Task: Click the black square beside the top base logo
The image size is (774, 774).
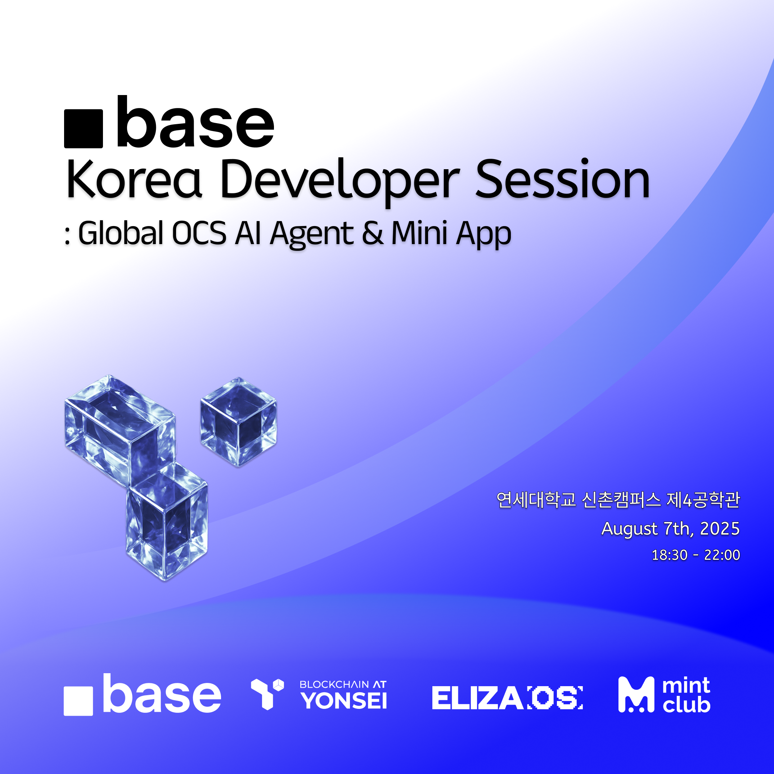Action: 83,129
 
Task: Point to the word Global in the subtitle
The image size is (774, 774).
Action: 121,233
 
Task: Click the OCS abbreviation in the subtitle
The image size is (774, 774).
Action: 199,233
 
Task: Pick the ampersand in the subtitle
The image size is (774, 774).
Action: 373,233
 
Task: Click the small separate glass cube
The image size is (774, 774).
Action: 238,422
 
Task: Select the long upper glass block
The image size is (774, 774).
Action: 120,429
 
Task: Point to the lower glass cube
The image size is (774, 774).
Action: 167,521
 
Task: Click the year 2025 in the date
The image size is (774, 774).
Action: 720,529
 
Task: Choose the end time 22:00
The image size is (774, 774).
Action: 722,555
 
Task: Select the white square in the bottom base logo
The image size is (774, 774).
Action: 78,701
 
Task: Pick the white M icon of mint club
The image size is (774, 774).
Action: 636,695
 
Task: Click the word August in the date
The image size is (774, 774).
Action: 629,529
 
